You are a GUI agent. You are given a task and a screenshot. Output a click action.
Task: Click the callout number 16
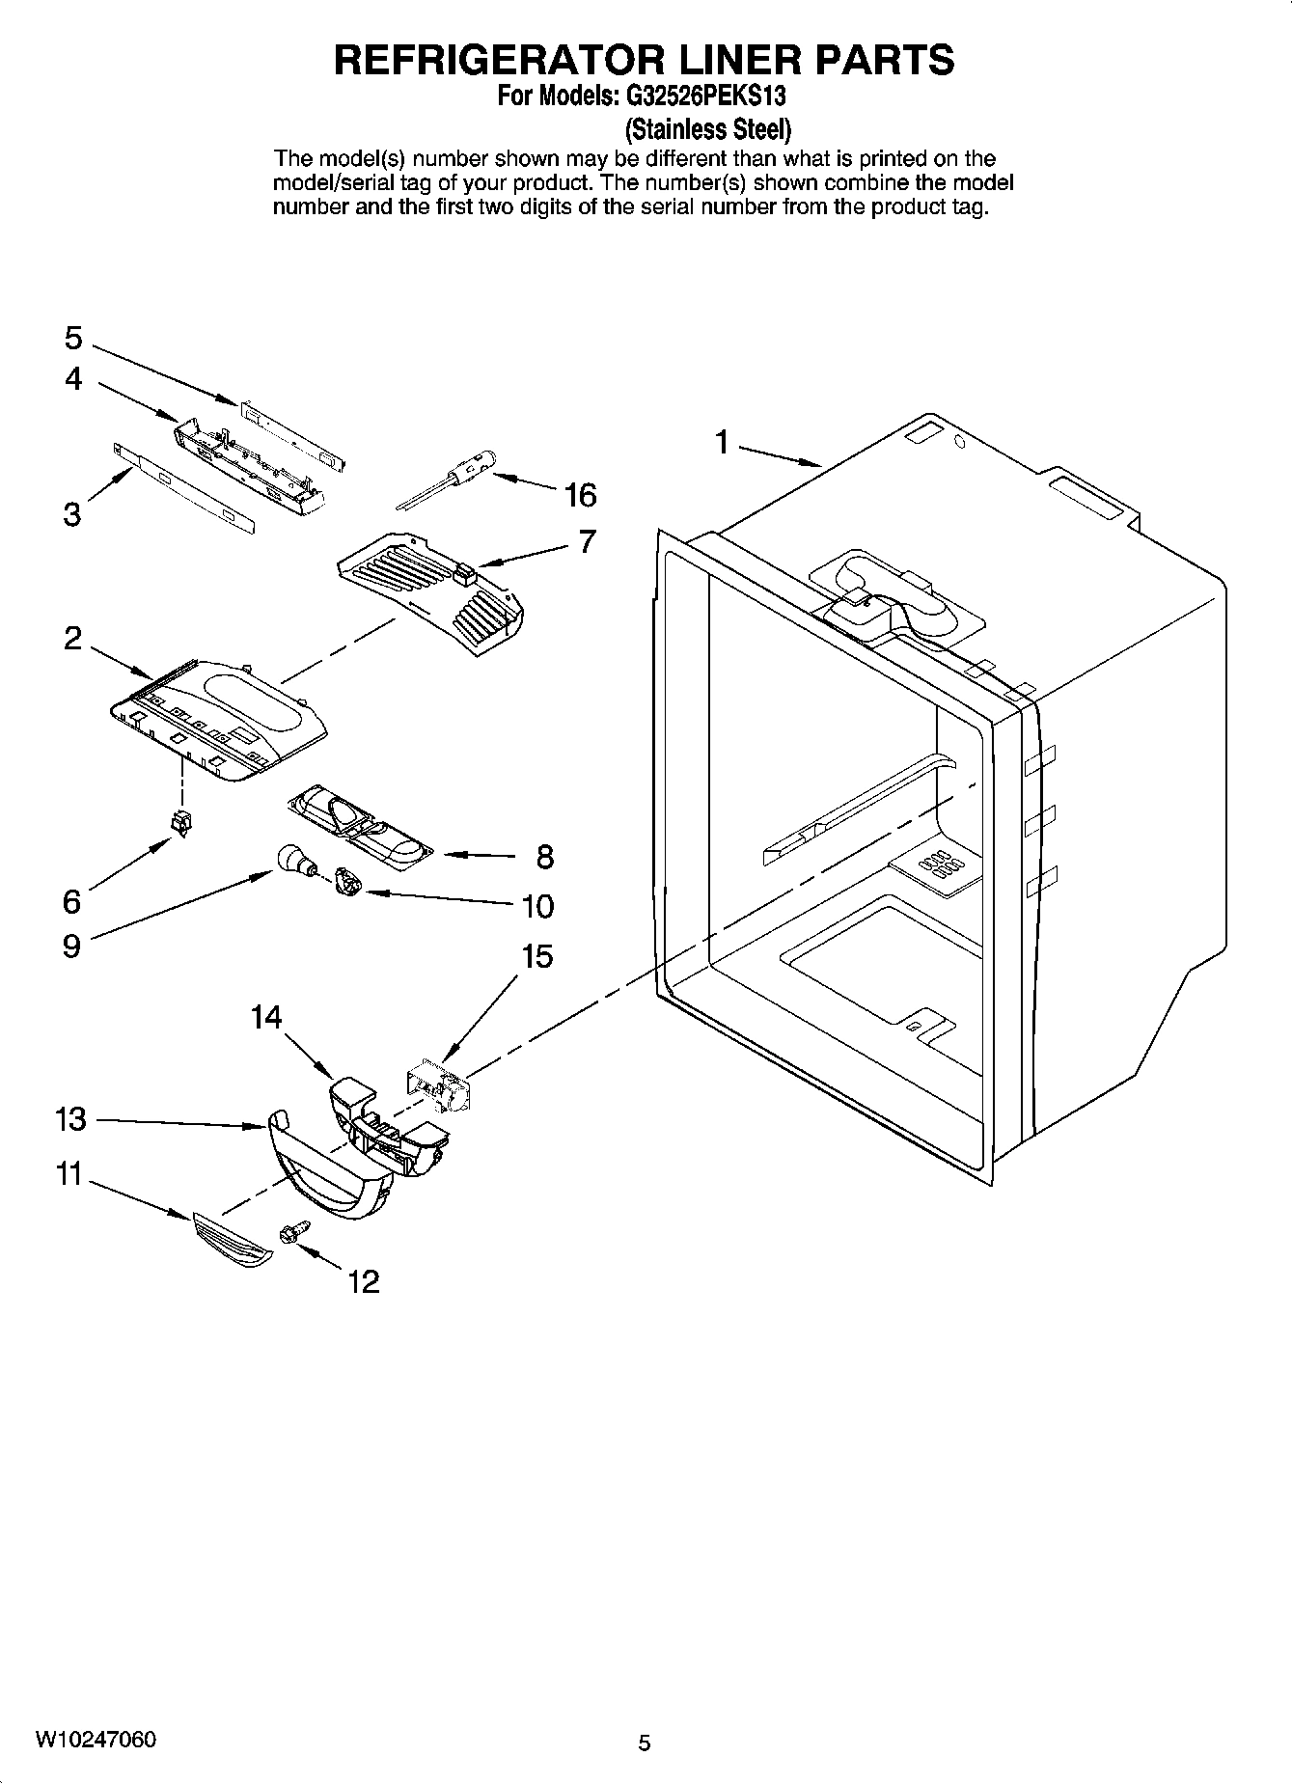pyautogui.click(x=581, y=495)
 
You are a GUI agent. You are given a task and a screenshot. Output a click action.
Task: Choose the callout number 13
pyautogui.click(x=70, y=1119)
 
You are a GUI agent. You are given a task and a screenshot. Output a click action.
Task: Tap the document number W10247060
pyautogui.click(x=96, y=1741)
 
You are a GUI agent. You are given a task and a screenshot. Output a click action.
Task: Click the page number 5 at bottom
pyautogui.click(x=645, y=1743)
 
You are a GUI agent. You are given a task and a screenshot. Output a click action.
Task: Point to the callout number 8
pyautogui.click(x=545, y=856)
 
